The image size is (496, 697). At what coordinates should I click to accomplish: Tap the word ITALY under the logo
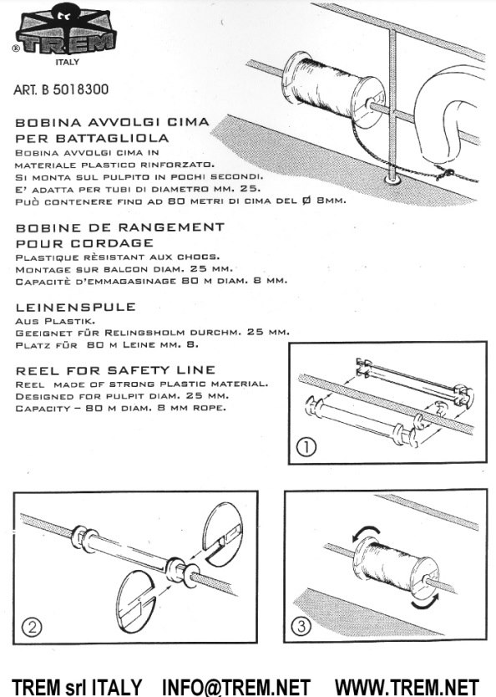click(67, 62)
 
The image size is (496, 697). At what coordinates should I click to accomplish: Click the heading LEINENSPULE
click(75, 308)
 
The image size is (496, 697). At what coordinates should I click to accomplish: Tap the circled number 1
click(306, 446)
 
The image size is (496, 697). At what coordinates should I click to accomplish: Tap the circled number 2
click(32, 627)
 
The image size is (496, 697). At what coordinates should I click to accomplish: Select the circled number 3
click(301, 626)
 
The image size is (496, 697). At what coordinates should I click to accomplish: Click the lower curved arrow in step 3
click(425, 602)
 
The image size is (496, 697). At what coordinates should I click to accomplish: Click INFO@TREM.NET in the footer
click(235, 687)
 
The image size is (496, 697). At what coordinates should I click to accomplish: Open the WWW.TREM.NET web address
click(407, 687)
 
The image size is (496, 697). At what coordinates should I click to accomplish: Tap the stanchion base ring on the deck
click(392, 180)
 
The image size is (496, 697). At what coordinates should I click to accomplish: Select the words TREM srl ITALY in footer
click(76, 687)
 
